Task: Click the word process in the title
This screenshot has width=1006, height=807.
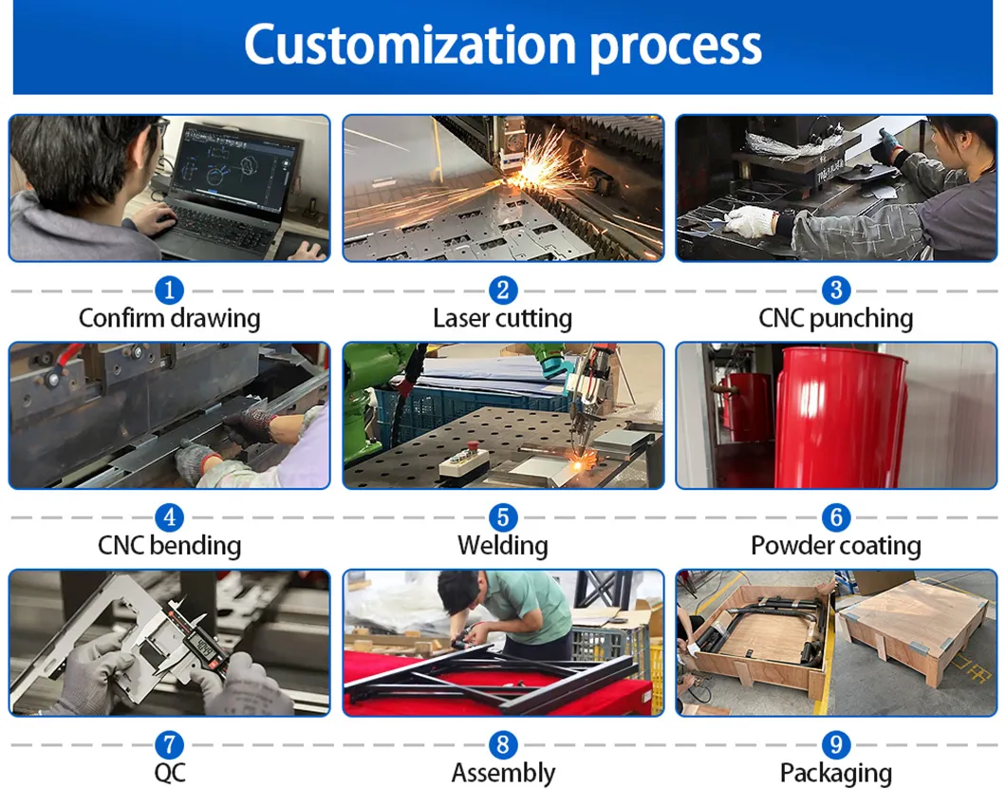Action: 676,46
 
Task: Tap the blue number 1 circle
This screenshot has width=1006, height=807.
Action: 169,290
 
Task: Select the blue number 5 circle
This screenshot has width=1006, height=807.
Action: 502,517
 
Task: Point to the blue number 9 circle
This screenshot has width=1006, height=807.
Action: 835,745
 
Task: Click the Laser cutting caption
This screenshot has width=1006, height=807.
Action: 502,318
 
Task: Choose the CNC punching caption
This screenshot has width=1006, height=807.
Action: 835,318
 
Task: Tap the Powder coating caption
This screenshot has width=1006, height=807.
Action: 835,546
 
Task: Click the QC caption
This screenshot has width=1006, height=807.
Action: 169,773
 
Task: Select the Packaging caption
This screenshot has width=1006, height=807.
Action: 835,774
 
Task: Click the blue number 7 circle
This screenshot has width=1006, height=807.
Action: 169,745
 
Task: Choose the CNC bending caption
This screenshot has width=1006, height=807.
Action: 169,546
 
